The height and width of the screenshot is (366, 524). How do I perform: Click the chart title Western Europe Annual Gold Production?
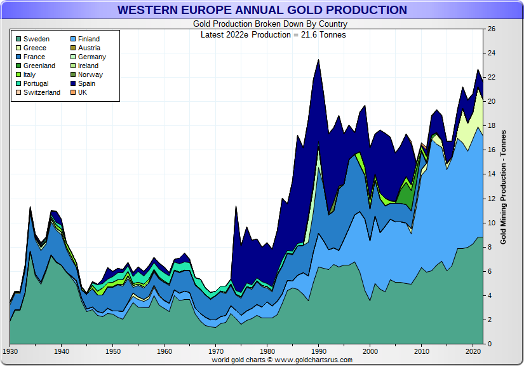point(262,10)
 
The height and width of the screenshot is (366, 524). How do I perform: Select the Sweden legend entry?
point(36,39)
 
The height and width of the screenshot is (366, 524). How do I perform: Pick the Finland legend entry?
point(88,39)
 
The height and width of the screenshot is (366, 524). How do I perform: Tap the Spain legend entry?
point(86,84)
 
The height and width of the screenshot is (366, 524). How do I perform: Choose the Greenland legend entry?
point(39,66)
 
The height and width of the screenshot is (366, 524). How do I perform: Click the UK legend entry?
point(83,93)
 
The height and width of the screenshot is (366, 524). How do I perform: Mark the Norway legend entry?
point(90,75)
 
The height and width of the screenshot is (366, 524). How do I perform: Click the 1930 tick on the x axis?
point(10,351)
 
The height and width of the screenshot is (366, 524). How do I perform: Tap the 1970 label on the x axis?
point(216,351)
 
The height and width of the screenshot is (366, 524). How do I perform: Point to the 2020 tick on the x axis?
point(473,351)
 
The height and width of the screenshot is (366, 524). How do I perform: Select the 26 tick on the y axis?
point(491,29)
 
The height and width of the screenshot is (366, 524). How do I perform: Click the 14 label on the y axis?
point(491,174)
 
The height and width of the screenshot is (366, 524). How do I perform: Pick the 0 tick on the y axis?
point(489,344)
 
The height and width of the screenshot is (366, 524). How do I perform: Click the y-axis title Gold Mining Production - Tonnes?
point(503,187)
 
